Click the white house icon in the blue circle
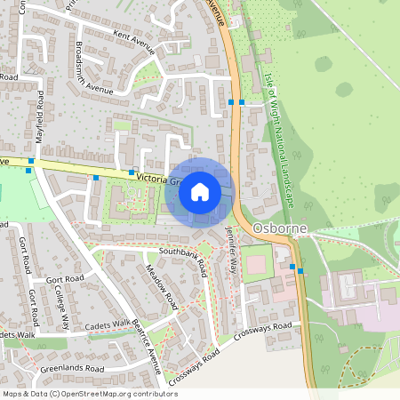pos(200,192)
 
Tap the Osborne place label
pos(279,228)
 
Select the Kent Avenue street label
pos(134,38)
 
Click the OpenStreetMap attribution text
pos(89,393)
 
